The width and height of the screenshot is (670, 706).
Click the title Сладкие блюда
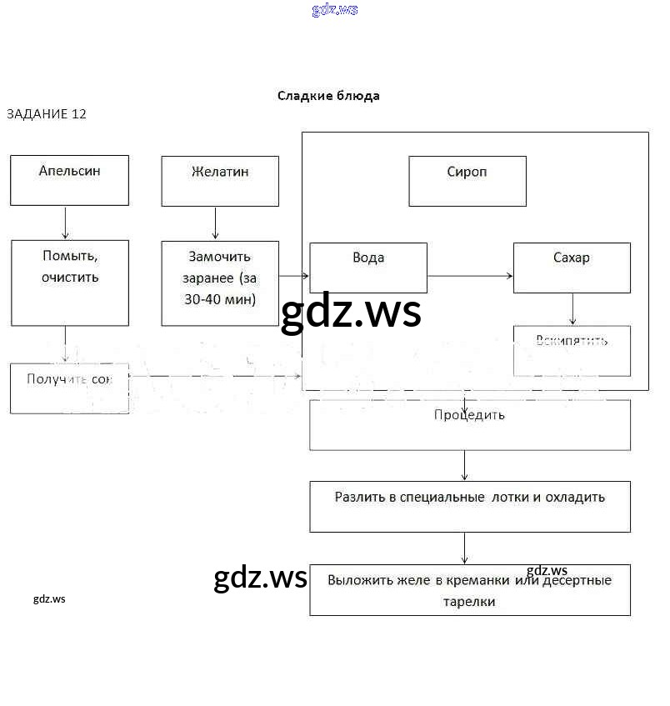pos(328,96)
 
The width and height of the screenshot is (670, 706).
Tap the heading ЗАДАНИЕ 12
pos(47,114)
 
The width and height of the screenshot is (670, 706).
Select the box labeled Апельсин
pos(70,180)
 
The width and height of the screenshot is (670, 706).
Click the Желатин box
pos(220,181)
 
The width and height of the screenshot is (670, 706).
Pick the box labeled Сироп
pos(467,181)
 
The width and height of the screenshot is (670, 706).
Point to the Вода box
pos(368,268)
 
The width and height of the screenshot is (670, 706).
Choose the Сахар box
pos(572,268)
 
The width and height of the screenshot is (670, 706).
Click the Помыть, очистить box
pos(70,283)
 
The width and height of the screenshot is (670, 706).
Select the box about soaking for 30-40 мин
pos(220,283)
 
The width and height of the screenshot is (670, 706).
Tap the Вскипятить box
pos(572,350)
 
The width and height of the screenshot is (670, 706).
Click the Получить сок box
pos(70,388)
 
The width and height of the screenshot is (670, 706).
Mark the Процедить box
pos(470,424)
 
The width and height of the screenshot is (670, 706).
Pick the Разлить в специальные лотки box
pos(470,506)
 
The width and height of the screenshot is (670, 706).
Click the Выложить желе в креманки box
pos(470,590)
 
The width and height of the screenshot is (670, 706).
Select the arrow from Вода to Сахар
pos(470,275)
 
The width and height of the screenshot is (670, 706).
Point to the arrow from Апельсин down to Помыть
pos(66,223)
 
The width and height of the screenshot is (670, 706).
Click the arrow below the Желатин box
pos(216,223)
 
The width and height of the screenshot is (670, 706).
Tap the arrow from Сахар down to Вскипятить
pos(572,309)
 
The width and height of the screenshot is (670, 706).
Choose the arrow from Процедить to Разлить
pos(464,465)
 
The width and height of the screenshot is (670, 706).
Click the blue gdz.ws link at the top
pos(335,10)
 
